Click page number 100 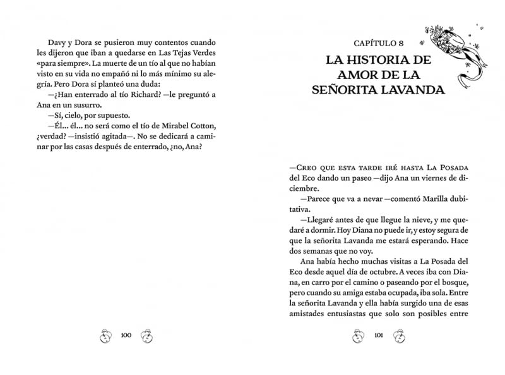click(x=125, y=335)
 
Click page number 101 click(x=379, y=335)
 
